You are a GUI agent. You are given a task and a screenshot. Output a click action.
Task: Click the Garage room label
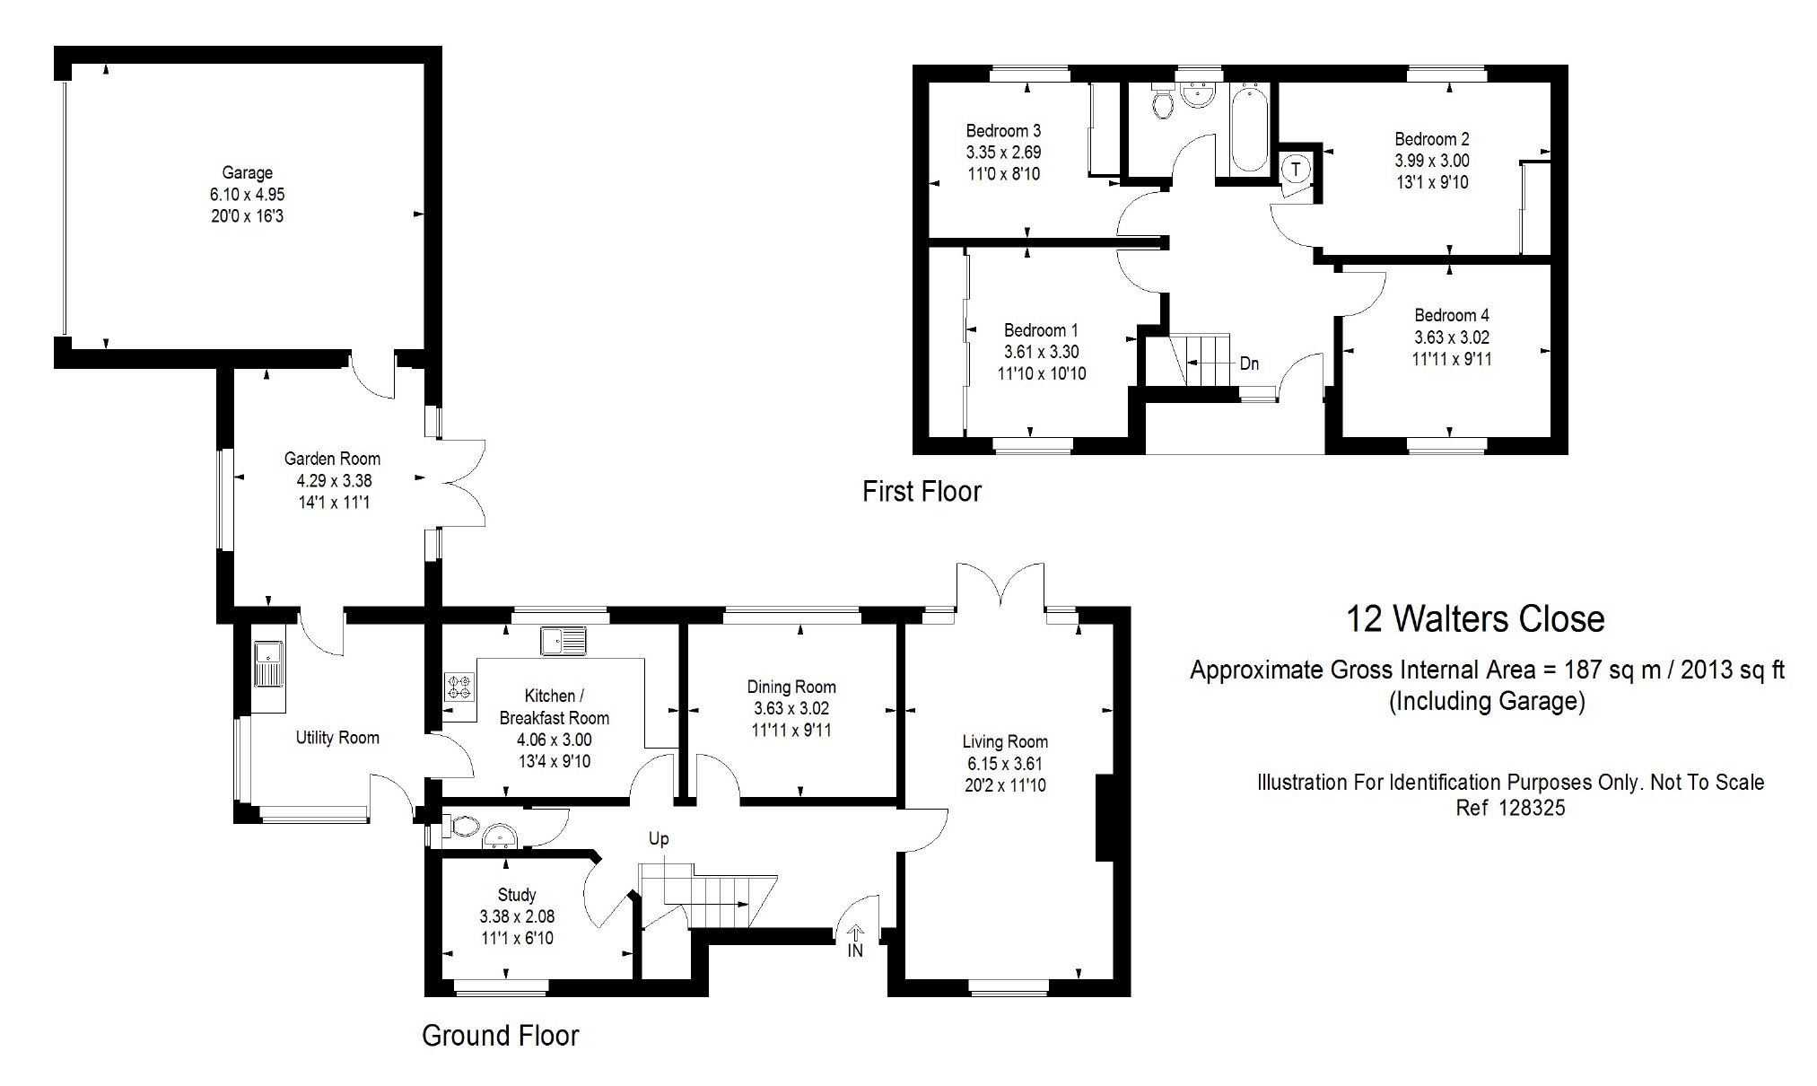(248, 172)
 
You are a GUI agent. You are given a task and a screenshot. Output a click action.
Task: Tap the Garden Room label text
(332, 459)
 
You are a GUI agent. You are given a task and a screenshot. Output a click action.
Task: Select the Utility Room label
(337, 738)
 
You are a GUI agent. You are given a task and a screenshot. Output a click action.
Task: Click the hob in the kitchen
(459, 687)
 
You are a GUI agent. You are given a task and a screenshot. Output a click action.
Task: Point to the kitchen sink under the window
(563, 640)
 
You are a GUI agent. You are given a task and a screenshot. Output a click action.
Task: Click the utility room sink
(268, 664)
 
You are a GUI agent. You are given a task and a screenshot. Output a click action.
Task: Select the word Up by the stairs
(659, 839)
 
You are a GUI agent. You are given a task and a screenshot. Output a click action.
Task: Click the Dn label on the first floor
(1249, 363)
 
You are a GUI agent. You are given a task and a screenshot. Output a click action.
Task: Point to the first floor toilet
(1163, 102)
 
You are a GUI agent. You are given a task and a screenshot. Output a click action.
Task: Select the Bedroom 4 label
(1452, 315)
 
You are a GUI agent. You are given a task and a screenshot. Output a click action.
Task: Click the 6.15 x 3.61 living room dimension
(1005, 764)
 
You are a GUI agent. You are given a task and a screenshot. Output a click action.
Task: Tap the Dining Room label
(791, 687)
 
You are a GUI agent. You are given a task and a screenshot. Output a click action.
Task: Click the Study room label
(517, 894)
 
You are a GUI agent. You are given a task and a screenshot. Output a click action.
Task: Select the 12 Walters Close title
(1475, 619)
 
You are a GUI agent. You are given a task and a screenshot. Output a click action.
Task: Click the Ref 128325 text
(1510, 808)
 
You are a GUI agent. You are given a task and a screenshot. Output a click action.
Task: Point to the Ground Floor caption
(501, 1036)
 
